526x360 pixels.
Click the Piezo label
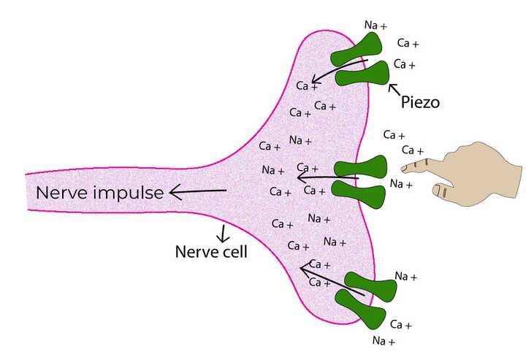(420, 103)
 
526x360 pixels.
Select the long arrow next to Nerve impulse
(197, 192)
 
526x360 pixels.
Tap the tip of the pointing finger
(404, 169)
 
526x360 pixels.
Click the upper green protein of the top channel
(356, 50)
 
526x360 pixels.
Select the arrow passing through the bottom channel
(332, 281)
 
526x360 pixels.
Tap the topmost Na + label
(376, 26)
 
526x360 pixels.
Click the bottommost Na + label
(384, 341)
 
